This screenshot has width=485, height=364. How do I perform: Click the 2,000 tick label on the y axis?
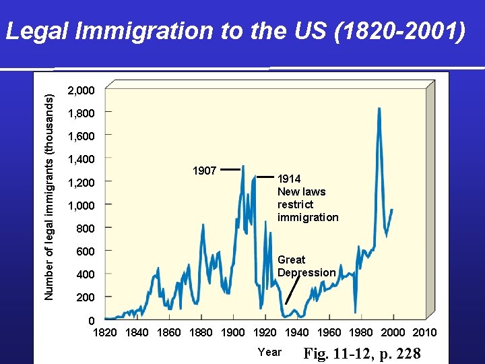[x=81, y=90]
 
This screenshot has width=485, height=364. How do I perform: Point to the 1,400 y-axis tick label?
[x=81, y=159]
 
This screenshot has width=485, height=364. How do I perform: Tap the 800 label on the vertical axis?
[x=85, y=229]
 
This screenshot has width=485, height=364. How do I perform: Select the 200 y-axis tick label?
[x=85, y=297]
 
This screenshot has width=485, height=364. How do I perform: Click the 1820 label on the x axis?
[x=104, y=332]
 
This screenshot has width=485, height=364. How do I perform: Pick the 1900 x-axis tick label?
[x=232, y=332]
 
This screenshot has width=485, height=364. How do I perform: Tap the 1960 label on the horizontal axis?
[x=329, y=332]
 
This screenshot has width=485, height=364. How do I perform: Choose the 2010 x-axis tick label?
[x=424, y=332]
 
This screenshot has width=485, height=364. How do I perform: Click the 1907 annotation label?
[x=204, y=171]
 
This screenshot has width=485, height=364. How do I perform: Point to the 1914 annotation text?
[x=289, y=179]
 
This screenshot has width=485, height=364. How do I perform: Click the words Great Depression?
[x=306, y=266]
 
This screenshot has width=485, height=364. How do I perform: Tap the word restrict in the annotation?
[x=295, y=204]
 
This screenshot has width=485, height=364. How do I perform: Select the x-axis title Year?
[x=269, y=352]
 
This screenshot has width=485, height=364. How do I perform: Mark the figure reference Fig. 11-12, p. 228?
[x=362, y=353]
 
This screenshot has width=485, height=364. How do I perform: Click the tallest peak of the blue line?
[x=379, y=109]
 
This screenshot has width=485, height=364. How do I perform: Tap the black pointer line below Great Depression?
[x=291, y=293]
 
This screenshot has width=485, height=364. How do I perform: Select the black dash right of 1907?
[x=230, y=171]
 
